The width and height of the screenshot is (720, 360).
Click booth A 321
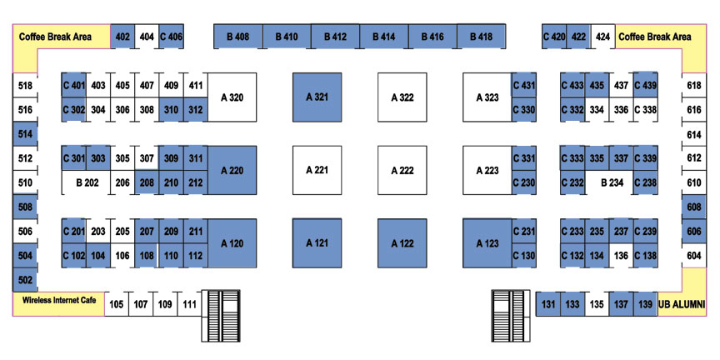(x=317, y=97)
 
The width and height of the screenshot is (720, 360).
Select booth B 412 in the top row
(x=335, y=37)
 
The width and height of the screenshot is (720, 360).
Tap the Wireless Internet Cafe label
(x=59, y=300)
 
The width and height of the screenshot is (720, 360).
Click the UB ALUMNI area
(x=682, y=304)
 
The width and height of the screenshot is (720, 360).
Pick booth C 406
(x=172, y=37)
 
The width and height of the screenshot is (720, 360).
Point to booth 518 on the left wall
(x=25, y=85)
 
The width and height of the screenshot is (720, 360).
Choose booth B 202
(x=87, y=182)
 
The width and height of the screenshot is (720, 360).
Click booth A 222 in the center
(x=402, y=170)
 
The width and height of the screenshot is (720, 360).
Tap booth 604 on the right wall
(x=694, y=255)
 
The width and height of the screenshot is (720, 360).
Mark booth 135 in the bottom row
(x=597, y=304)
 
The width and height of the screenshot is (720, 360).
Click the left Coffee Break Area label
(x=55, y=37)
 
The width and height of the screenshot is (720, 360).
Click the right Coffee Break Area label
(x=655, y=37)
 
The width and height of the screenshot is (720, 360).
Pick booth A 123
(x=487, y=242)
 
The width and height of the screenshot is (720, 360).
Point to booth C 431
(x=524, y=85)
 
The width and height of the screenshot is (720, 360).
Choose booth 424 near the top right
(x=602, y=37)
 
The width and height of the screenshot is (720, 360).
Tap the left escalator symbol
(x=221, y=316)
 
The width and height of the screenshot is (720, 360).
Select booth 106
(x=122, y=255)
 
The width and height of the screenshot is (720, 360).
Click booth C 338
(x=645, y=110)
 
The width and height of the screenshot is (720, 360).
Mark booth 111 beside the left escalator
(x=189, y=304)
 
